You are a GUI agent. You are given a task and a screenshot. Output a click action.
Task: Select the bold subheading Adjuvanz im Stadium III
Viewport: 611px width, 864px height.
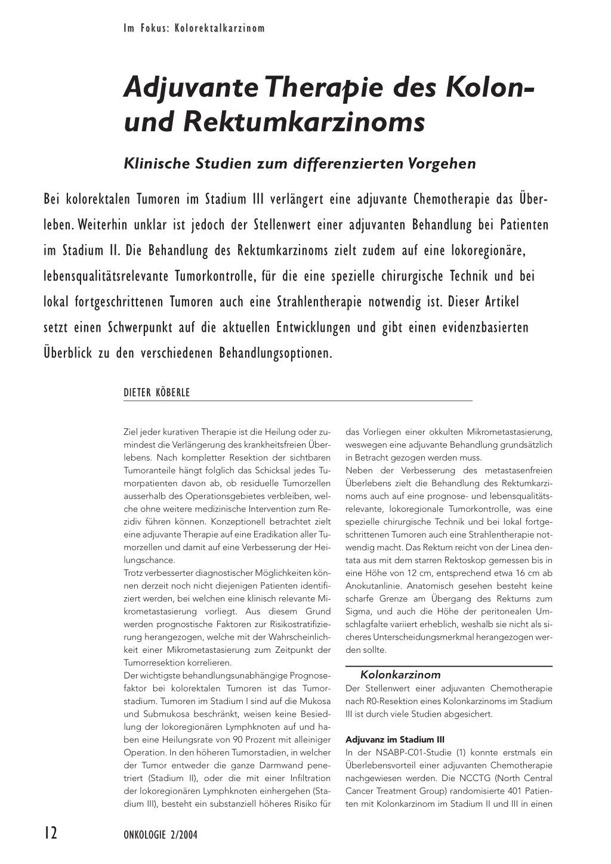pos(390,739)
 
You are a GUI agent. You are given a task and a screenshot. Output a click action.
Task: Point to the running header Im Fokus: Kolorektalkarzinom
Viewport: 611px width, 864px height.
pos(194,28)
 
